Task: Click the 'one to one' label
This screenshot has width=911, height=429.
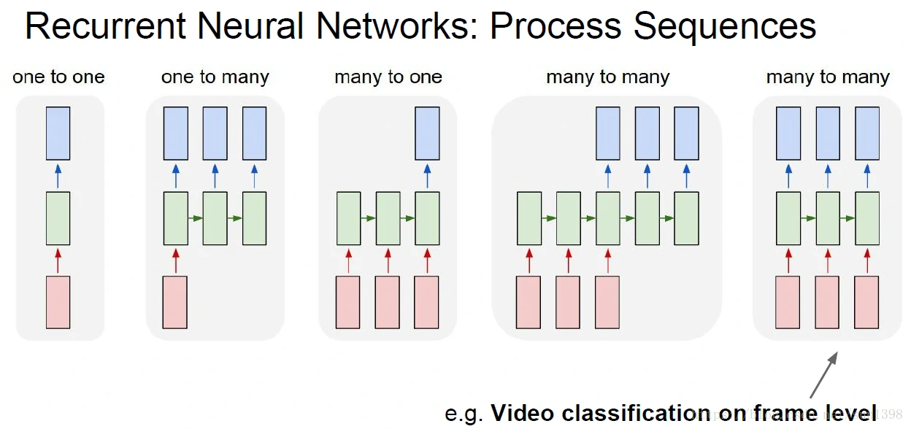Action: click(x=58, y=77)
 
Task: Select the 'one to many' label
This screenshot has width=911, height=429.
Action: click(x=215, y=77)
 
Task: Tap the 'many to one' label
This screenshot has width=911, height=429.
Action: click(x=388, y=77)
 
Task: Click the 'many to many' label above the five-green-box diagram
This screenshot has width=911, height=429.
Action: click(x=607, y=77)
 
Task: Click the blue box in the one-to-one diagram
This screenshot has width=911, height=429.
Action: click(x=58, y=134)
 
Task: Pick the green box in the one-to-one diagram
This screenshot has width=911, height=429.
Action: click(x=58, y=218)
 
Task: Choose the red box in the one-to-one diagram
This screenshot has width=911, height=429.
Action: click(x=58, y=302)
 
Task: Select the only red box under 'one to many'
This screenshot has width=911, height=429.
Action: click(x=175, y=302)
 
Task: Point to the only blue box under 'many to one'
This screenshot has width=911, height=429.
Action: click(x=428, y=134)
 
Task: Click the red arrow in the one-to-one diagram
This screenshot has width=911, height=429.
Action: click(x=58, y=260)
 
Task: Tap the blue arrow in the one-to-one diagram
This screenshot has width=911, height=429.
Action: click(x=58, y=176)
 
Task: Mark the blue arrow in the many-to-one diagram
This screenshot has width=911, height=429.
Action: click(x=428, y=176)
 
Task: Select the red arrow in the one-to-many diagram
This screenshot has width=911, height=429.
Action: click(x=175, y=260)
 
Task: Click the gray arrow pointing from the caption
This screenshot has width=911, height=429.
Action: click(x=823, y=376)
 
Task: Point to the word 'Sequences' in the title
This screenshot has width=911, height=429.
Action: click(x=725, y=27)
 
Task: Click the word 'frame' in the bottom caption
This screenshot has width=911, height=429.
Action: click(x=777, y=413)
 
